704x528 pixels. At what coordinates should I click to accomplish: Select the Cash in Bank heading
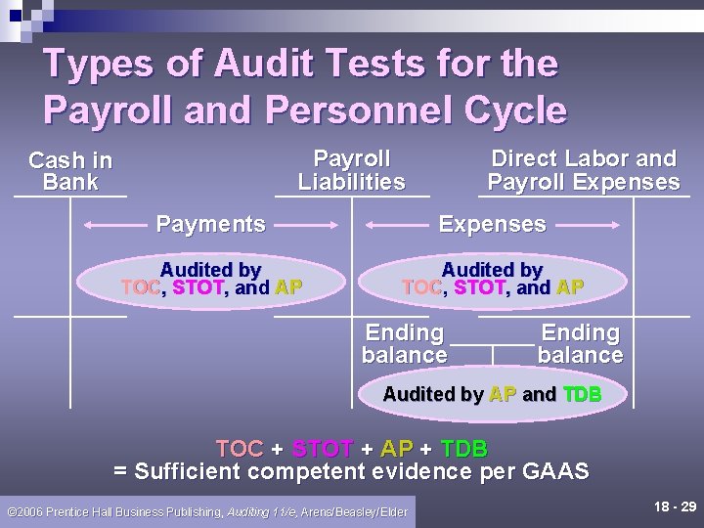[70, 170]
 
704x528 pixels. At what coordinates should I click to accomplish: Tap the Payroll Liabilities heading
[351, 170]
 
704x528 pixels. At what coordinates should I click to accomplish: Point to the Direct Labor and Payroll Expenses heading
[583, 170]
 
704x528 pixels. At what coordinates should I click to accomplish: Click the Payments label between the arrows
[210, 224]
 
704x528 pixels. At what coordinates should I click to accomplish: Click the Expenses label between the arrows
[492, 224]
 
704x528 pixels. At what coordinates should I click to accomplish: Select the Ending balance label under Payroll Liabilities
[404, 344]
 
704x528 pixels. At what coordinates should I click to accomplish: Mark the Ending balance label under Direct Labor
[580, 344]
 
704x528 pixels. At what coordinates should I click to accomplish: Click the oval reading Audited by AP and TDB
[492, 395]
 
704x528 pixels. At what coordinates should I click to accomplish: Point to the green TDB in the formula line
[463, 450]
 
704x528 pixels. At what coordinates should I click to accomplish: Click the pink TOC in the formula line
[240, 450]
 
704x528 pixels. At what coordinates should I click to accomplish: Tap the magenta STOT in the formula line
[322, 450]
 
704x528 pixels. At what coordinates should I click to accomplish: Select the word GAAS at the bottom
[554, 472]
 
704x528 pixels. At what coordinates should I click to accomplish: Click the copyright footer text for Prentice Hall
[207, 511]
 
